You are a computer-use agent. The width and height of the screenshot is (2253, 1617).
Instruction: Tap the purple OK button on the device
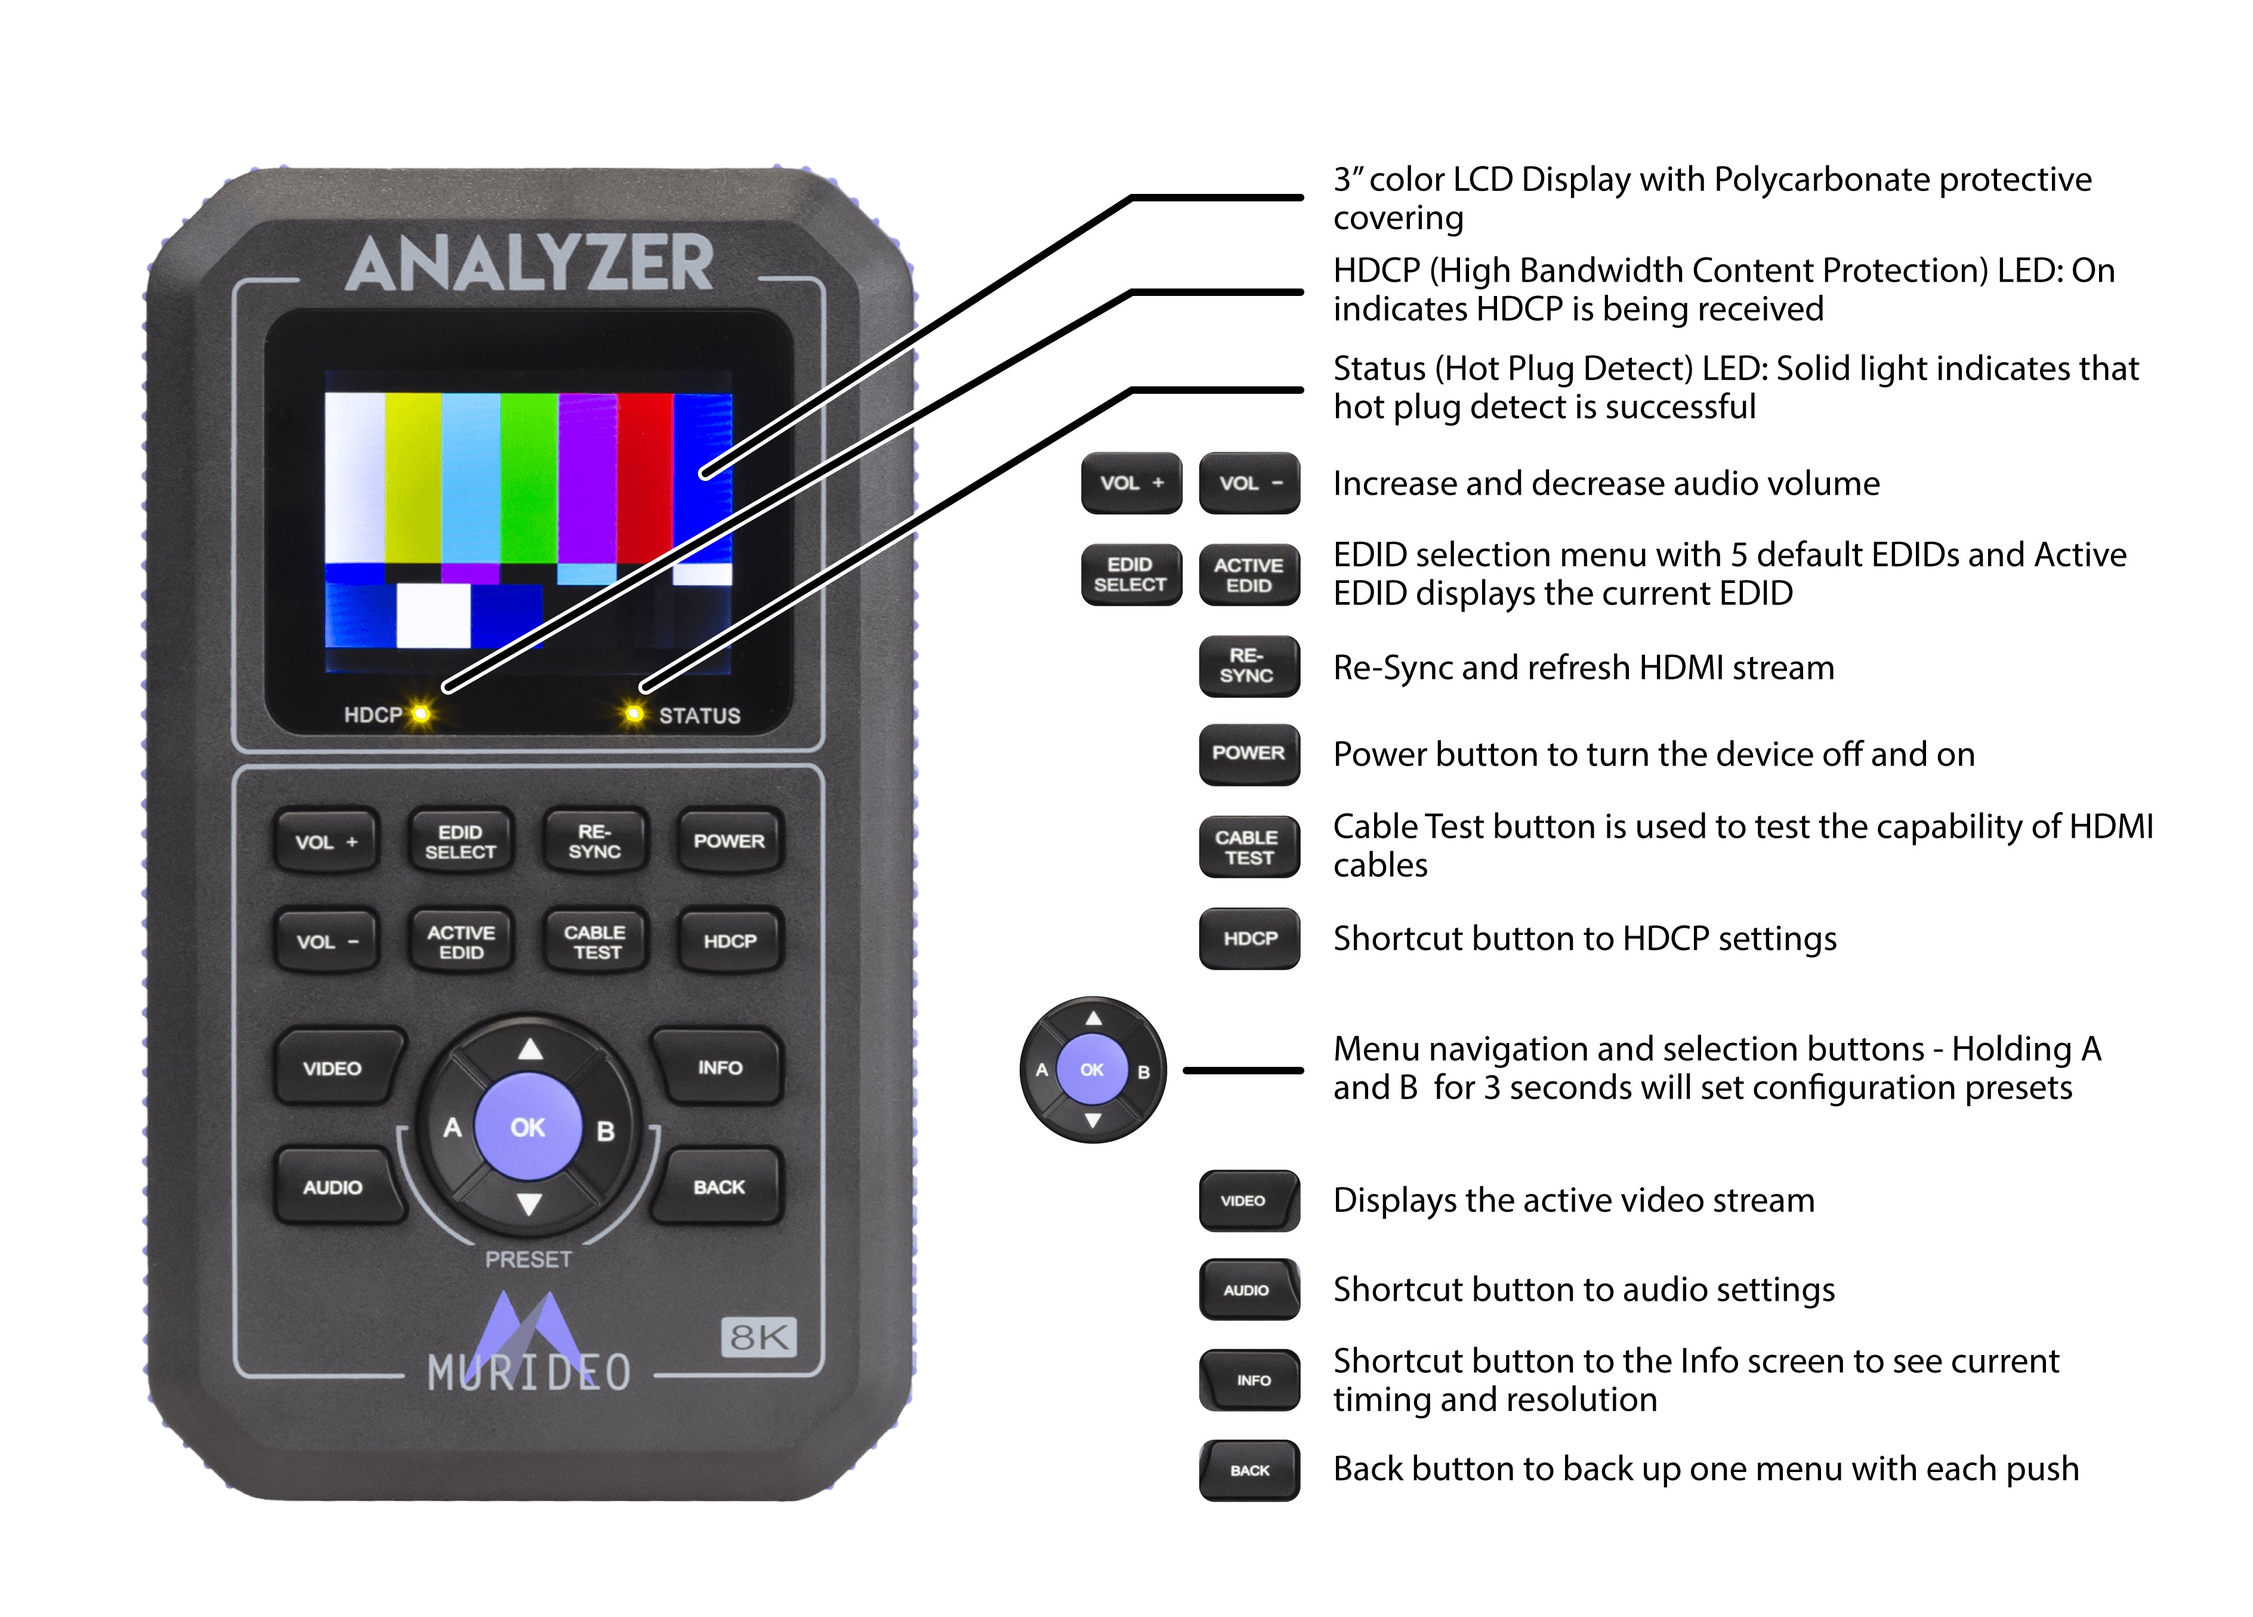coord(527,1127)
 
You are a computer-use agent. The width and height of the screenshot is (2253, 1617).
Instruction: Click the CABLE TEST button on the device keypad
coord(594,942)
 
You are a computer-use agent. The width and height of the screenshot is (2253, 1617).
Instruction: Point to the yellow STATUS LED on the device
coord(633,714)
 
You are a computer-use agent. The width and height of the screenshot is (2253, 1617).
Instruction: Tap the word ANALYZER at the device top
coord(529,264)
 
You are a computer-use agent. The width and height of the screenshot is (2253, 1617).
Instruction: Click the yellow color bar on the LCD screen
coord(412,477)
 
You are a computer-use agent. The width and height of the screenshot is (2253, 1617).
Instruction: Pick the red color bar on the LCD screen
coord(645,477)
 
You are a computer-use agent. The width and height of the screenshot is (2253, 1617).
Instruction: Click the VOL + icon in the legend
coord(1131,483)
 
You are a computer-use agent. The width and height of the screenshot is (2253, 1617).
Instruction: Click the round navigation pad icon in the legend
coord(1092,1070)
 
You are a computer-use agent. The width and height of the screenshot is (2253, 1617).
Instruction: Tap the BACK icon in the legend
coord(1249,1470)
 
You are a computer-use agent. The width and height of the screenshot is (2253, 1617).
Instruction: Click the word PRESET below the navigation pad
coord(529,1260)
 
